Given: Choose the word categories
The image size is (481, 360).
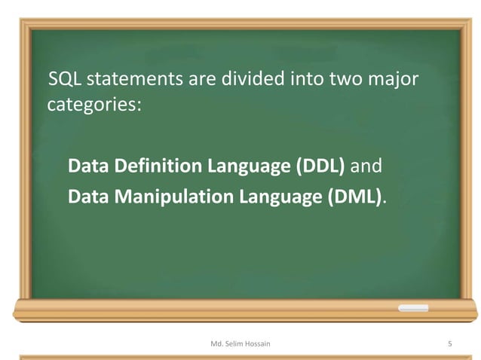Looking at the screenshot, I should tap(93, 104).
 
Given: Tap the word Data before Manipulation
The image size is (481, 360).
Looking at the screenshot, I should tap(85, 197).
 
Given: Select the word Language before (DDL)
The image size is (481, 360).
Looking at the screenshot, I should tap(244, 166).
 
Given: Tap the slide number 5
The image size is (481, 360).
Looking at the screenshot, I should tap(449, 343).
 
